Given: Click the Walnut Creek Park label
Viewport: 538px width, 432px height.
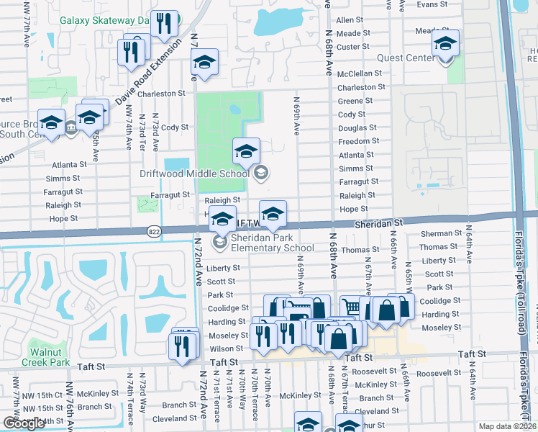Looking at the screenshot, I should coord(50,357).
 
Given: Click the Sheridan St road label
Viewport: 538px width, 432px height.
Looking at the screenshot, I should coord(378,224).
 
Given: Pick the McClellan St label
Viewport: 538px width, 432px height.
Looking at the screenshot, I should coord(360,73).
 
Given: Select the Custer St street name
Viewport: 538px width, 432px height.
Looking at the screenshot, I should coord(353,47).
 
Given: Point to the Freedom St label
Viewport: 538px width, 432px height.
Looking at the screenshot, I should coord(358,141).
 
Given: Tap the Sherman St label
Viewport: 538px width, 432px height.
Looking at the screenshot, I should coord(441,233).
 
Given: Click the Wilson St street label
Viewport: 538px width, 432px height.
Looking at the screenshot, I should coord(227,348).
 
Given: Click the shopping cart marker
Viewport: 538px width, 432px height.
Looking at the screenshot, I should coord(350,307).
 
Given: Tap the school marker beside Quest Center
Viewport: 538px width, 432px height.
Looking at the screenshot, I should coord(445,45).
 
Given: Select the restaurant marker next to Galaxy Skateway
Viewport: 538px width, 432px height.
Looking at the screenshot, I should coord(165,24).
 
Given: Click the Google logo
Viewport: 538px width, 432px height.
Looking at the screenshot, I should coord(24,423).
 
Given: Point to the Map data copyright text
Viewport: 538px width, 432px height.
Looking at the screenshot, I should coord(507,426).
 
